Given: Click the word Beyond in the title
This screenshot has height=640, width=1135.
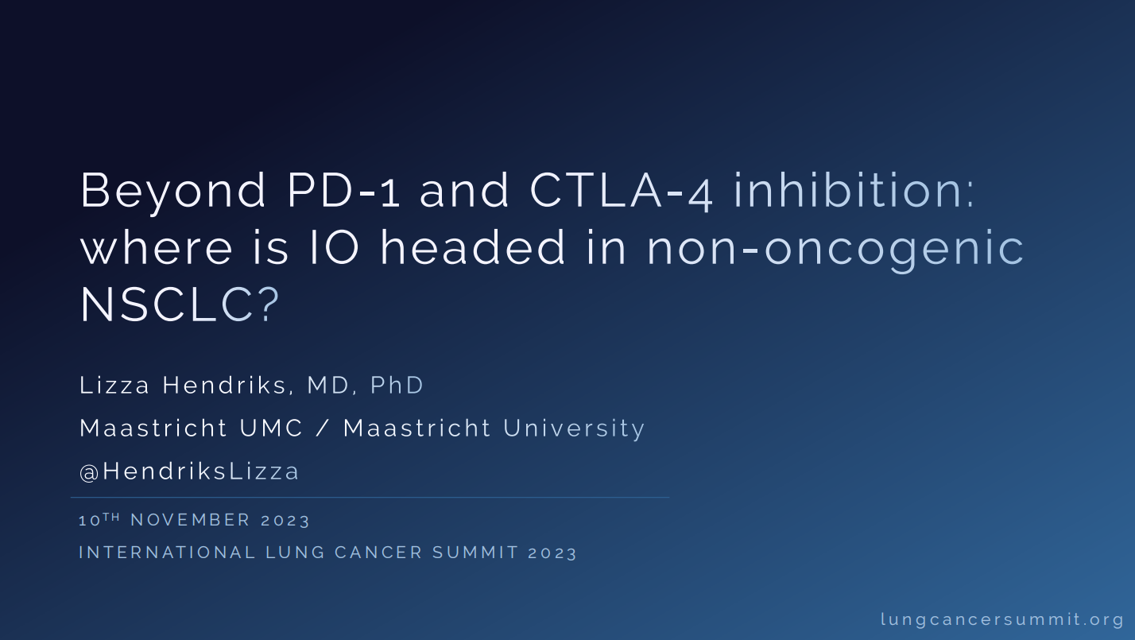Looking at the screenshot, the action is (172, 192).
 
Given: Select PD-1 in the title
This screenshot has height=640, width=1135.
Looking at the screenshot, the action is (344, 191).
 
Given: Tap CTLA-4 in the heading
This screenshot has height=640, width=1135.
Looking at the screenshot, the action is (622, 192).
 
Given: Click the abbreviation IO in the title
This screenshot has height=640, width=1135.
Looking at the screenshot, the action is (335, 247).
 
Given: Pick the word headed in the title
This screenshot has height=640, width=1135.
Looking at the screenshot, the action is (472, 246).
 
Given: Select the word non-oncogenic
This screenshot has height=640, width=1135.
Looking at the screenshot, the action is (835, 250).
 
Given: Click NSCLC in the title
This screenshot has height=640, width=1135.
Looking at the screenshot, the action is (167, 304).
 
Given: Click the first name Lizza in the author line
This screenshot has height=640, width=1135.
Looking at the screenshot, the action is (114, 385).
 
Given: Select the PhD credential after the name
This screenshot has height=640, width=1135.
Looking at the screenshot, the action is (397, 385).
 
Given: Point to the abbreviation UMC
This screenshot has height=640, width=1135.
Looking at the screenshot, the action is (271, 429).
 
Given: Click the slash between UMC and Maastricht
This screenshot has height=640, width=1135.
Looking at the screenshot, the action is (323, 429).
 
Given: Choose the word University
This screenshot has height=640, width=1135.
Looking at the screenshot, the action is (574, 429).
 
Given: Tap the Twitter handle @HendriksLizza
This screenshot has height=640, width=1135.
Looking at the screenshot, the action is (189, 471).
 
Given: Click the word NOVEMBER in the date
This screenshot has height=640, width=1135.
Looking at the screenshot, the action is (191, 520).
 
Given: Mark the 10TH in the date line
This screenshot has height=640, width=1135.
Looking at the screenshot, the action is (99, 519).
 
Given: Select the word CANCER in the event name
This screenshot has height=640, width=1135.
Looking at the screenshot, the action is (378, 553).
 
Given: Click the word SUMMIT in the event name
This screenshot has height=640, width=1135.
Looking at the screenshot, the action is (475, 553).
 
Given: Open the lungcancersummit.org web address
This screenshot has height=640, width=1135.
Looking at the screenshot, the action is (1002, 620).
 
